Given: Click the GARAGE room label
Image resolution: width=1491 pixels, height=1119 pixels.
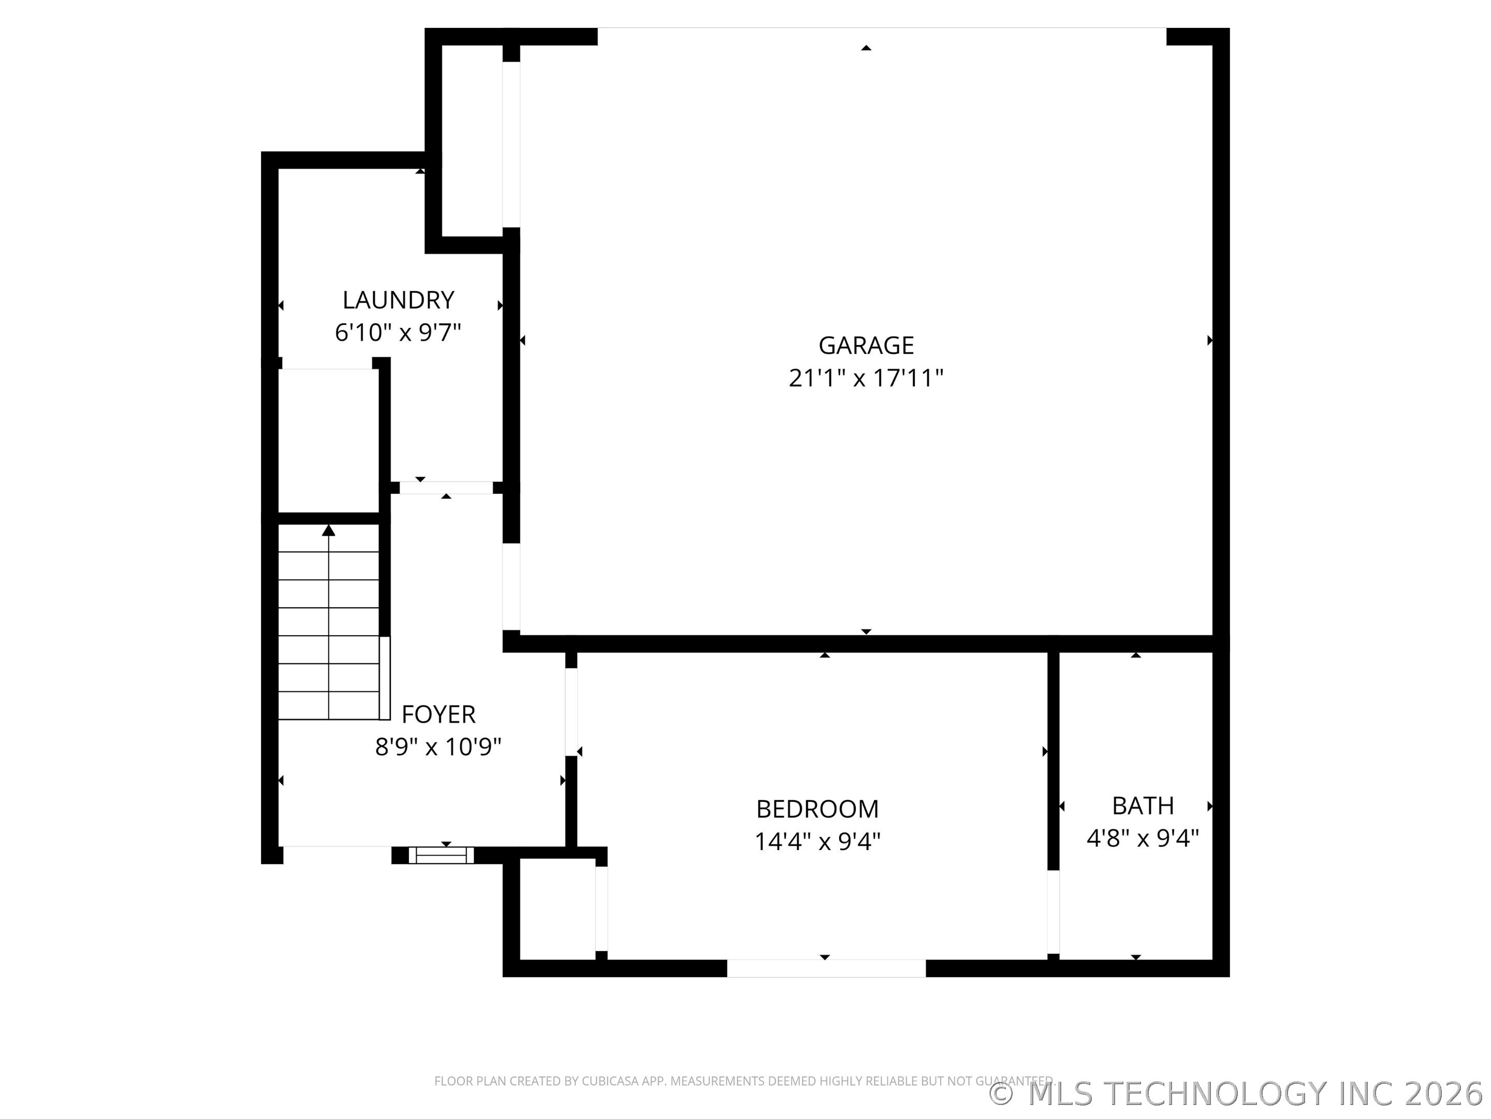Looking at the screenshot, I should click(x=866, y=346).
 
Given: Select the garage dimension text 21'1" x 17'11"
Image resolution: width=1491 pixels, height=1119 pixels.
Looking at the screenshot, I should click(x=866, y=378).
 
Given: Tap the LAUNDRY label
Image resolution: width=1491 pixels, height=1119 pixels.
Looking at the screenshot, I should click(x=398, y=299).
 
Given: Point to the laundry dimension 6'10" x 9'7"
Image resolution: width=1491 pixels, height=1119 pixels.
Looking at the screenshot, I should click(x=398, y=333).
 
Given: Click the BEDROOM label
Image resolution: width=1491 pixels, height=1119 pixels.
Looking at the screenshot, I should click(x=817, y=809).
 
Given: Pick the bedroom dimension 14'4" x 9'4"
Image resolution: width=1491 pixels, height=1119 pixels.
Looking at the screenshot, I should click(x=817, y=842).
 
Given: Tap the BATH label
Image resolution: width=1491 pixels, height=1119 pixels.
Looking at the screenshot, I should click(x=1143, y=806).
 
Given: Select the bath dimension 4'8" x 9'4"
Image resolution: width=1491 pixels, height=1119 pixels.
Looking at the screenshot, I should click(x=1143, y=838).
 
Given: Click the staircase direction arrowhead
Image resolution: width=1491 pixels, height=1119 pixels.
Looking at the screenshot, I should click(x=328, y=531).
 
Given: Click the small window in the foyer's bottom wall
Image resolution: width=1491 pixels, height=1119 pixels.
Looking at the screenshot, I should click(x=441, y=855).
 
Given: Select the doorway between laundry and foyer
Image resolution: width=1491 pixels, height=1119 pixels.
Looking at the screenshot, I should click(x=446, y=487).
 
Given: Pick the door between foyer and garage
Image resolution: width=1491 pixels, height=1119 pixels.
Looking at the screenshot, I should click(x=511, y=587).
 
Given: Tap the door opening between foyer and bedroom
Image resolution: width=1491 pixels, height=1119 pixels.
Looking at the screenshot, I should click(x=571, y=712).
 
